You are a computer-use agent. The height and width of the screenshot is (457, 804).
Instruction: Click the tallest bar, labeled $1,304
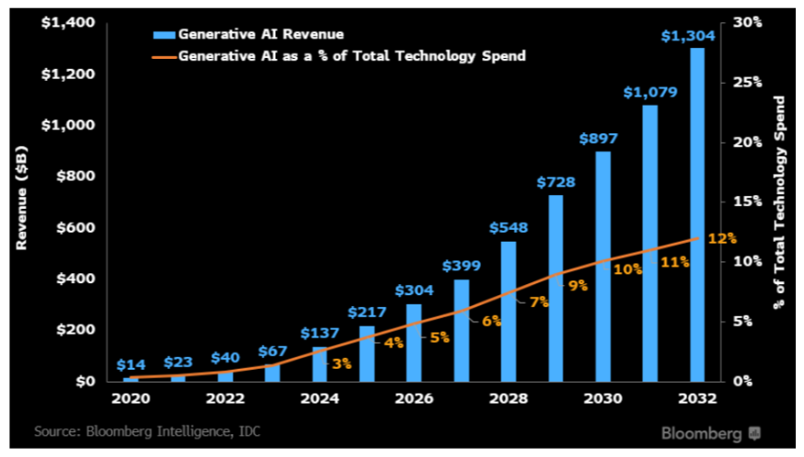pyautogui.click(x=697, y=213)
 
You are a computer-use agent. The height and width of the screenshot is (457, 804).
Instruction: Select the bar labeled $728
pyautogui.click(x=557, y=288)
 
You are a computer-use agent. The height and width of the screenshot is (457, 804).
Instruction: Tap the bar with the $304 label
pyautogui.click(x=414, y=342)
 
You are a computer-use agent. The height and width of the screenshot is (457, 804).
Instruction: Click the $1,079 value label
pyautogui.click(x=649, y=92)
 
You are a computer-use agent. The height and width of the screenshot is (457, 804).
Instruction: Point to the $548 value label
pyautogui.click(x=509, y=227)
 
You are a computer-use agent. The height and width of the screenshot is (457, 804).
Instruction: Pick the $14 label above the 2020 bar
pyautogui.click(x=131, y=366)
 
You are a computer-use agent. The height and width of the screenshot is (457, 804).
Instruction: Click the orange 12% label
pyautogui.click(x=722, y=238)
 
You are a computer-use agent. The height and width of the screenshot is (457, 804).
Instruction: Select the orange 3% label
pyautogui.click(x=342, y=363)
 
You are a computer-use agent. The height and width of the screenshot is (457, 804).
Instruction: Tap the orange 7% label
pyautogui.click(x=539, y=302)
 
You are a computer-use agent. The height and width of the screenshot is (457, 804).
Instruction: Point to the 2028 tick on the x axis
pyautogui.click(x=509, y=401)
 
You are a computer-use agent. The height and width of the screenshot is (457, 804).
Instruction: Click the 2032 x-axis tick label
pyautogui.click(x=696, y=401)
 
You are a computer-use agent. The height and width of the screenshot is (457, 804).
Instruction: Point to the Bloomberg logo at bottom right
pyautogui.click(x=714, y=431)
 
